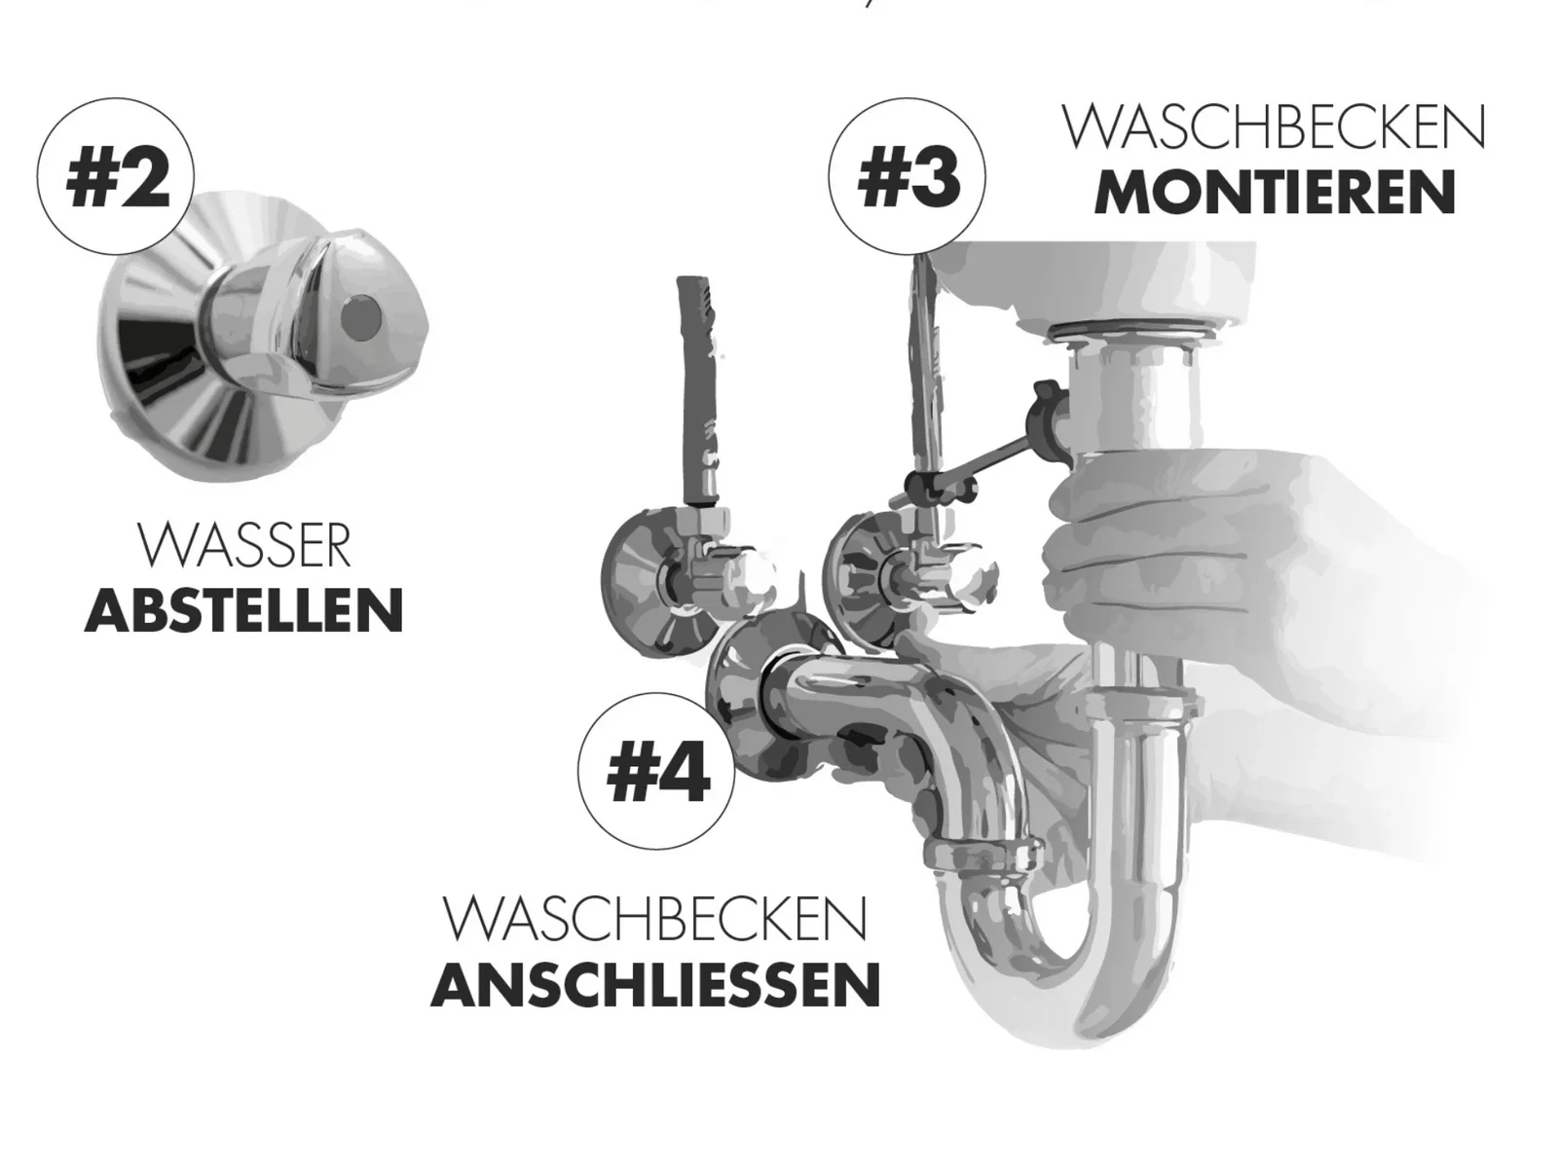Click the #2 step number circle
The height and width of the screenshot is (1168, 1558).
click(116, 176)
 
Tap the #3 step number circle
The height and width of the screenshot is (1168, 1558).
click(908, 176)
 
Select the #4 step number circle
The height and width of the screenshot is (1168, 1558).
click(656, 771)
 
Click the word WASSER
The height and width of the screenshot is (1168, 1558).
click(244, 545)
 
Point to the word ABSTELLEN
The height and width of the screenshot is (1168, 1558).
click(244, 610)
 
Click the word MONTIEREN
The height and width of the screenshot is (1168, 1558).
click(1275, 192)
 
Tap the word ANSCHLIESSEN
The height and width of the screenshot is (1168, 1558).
click(655, 985)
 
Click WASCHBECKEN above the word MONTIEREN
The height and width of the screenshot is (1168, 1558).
click(1274, 128)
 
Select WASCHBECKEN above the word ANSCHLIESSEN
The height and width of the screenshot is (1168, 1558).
click(655, 919)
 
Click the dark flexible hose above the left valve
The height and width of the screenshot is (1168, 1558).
click(699, 390)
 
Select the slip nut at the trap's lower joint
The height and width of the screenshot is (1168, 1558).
click(983, 855)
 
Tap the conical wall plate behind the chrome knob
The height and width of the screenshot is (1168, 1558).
click(213, 333)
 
